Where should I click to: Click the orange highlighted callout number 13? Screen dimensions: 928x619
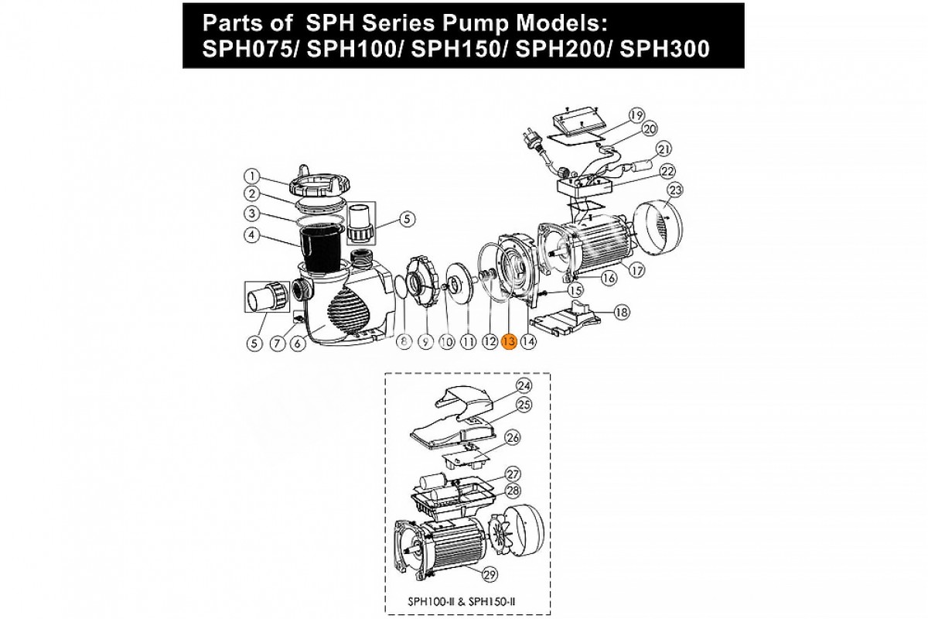coord(509,342)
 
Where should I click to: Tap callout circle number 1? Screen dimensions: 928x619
coord(251,176)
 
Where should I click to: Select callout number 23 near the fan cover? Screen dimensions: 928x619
coord(676,190)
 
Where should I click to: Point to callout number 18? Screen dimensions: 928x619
coord(622,312)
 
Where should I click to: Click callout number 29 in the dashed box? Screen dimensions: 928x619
coord(490,575)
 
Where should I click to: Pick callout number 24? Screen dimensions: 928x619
coord(524,386)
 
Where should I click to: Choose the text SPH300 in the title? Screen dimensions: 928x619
coord(664,49)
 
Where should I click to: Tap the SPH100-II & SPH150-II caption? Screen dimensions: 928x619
coord(462,601)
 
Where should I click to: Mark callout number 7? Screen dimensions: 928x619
coord(278,344)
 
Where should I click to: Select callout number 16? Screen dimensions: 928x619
coord(608,278)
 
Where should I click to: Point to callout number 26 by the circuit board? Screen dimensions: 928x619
coord(513,438)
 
